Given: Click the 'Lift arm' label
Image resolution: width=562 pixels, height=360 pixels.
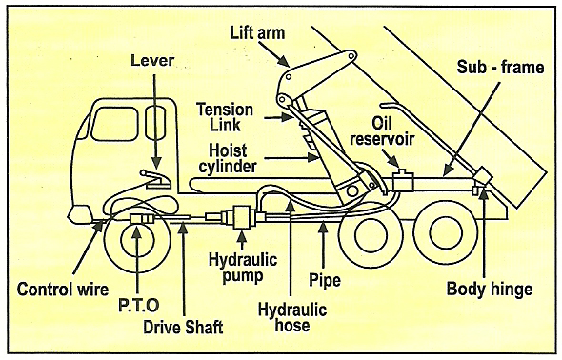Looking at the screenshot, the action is [257, 32].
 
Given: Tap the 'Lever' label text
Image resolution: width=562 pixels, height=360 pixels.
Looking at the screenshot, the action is [152, 61].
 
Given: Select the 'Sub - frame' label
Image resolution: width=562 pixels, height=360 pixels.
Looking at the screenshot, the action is [500, 67].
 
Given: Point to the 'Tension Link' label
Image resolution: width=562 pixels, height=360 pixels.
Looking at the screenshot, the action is [225, 117].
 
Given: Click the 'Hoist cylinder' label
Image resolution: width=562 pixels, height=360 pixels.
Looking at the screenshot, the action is [228, 158].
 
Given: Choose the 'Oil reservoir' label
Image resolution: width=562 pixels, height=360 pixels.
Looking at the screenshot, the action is [382, 131].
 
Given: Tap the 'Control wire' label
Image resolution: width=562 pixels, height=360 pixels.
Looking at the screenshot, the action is [63, 290].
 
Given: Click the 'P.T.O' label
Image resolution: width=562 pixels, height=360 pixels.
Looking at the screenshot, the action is [139, 305].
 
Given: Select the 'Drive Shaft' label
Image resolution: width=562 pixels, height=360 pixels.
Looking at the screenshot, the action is [183, 327].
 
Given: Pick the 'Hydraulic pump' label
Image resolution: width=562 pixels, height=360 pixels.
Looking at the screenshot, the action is [243, 268].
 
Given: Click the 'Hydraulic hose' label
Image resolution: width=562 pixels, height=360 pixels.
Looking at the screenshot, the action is [292, 318].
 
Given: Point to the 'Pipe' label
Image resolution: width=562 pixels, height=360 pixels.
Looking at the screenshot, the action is [325, 281].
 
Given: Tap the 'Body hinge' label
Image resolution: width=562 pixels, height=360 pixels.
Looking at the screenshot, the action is [490, 289].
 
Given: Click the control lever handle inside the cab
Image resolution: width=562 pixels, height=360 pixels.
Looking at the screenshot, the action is [155, 178].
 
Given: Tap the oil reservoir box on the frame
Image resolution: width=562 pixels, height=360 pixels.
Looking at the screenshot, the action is [403, 180].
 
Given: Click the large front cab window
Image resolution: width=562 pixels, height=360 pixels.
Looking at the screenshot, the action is [114, 124].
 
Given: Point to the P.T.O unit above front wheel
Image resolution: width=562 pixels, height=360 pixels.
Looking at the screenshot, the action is [142, 218].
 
